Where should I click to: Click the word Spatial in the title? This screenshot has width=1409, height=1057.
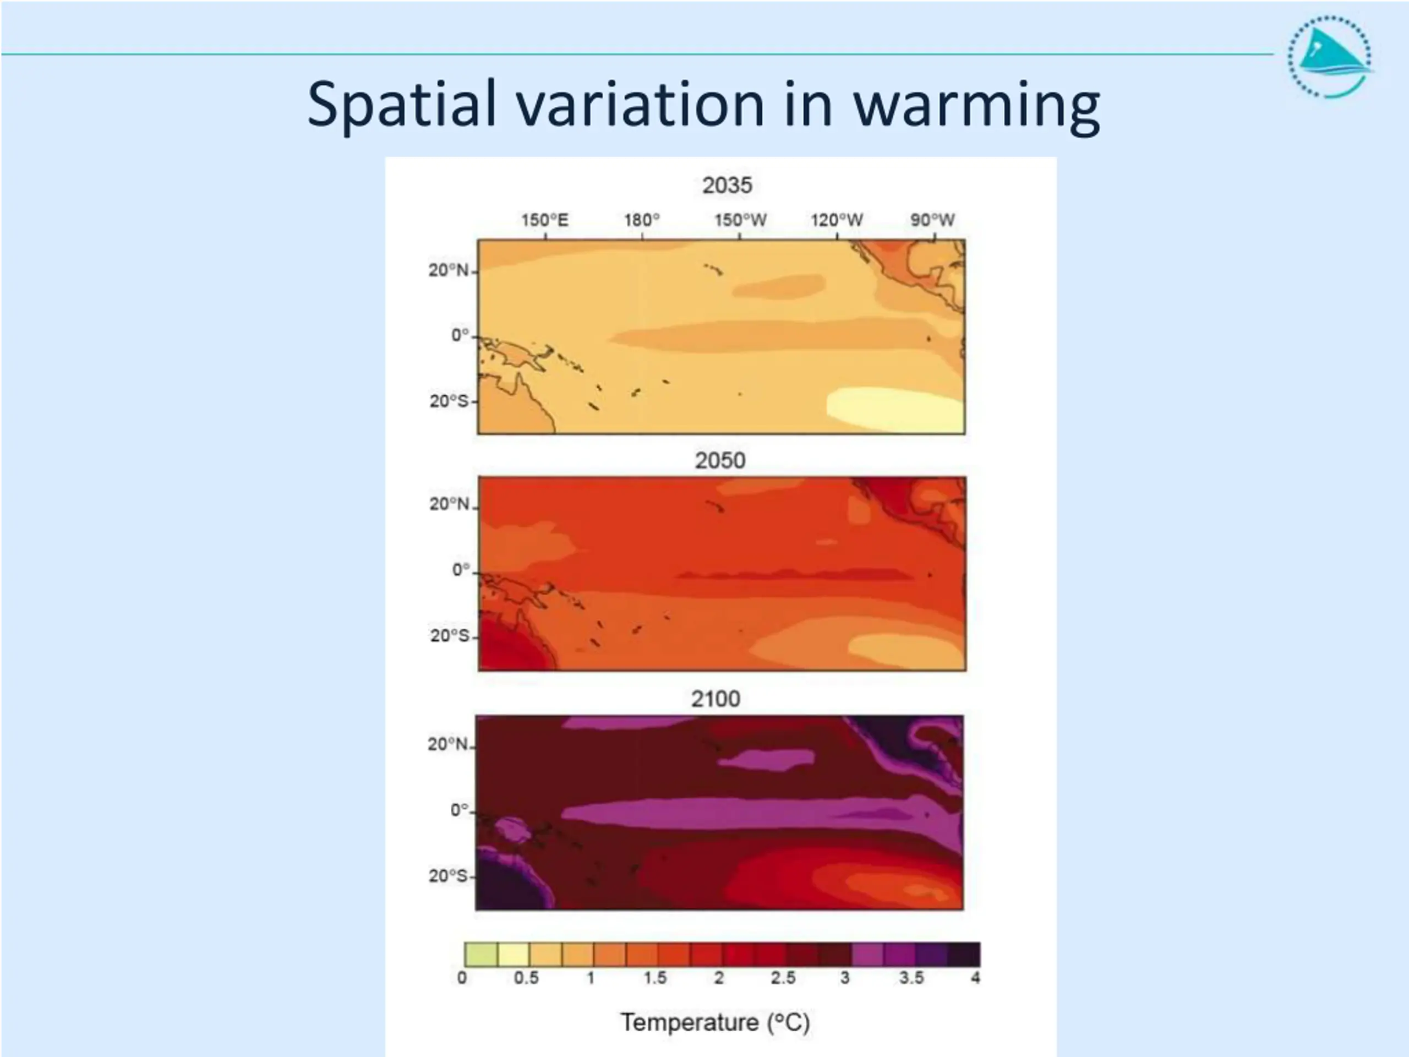pyautogui.click(x=401, y=105)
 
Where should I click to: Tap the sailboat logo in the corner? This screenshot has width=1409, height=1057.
pyautogui.click(x=1330, y=57)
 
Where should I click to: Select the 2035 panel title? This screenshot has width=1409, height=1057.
pyautogui.click(x=727, y=186)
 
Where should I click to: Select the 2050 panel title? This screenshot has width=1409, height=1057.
pyautogui.click(x=720, y=461)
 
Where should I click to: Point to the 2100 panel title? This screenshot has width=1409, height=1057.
pyautogui.click(x=716, y=699)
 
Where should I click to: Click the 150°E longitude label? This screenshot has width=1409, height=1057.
pyautogui.click(x=545, y=220)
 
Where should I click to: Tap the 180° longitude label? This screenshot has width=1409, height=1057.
pyautogui.click(x=641, y=220)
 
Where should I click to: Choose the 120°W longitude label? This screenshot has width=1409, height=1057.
pyautogui.click(x=837, y=220)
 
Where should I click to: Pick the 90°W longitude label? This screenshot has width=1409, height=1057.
pyautogui.click(x=932, y=220)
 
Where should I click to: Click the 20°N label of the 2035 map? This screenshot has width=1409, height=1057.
pyautogui.click(x=448, y=271)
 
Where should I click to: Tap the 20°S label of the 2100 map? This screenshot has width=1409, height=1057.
pyautogui.click(x=448, y=876)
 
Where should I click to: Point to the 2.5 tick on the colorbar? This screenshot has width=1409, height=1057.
pyautogui.click(x=783, y=978)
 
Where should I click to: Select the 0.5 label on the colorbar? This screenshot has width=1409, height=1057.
pyautogui.click(x=526, y=978)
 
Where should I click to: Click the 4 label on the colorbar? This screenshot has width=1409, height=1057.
pyautogui.click(x=975, y=978)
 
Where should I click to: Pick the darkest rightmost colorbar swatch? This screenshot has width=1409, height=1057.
pyautogui.click(x=964, y=954)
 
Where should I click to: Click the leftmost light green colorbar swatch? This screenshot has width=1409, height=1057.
pyautogui.click(x=481, y=954)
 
